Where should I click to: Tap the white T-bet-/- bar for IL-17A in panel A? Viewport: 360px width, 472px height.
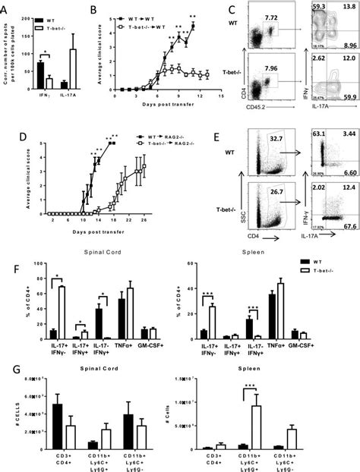[x=74, y=69]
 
